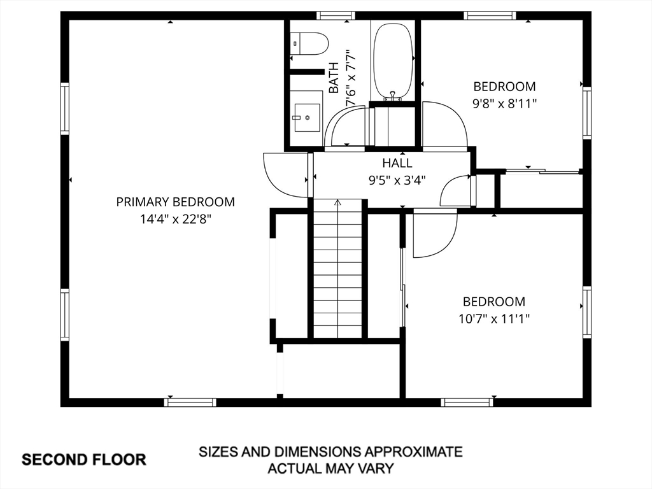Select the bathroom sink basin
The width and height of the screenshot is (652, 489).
pyautogui.click(x=307, y=117)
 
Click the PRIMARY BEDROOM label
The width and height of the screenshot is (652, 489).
pyautogui.click(x=176, y=202)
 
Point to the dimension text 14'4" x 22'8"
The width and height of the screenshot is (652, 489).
pyautogui.click(x=176, y=219)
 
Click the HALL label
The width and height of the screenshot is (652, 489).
pyautogui.click(x=397, y=162)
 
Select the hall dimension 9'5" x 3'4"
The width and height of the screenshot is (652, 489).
pyautogui.click(x=397, y=180)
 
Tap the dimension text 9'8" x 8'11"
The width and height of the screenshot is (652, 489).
pyautogui.click(x=504, y=104)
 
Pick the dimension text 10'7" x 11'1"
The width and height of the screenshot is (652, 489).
pyautogui.click(x=494, y=319)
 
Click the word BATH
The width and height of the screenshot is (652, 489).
pyautogui.click(x=334, y=78)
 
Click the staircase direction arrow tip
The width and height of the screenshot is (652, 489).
pyautogui.click(x=338, y=201)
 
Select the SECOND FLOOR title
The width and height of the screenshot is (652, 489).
pyautogui.click(x=84, y=460)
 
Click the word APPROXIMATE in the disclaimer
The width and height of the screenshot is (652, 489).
pyautogui.click(x=414, y=451)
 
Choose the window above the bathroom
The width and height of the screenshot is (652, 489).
pyautogui.click(x=336, y=16)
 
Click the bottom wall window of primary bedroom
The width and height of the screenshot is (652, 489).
pyautogui.click(x=190, y=402)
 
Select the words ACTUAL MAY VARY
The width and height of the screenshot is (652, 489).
pyautogui.click(x=330, y=469)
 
